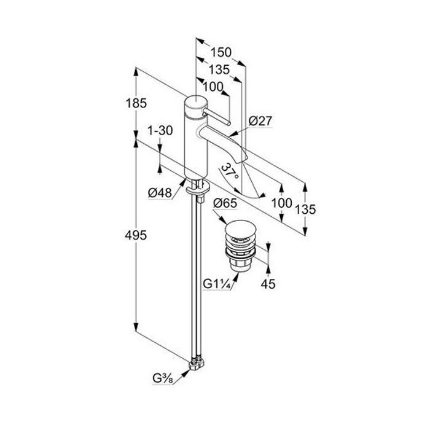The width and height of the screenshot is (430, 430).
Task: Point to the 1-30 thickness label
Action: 160,131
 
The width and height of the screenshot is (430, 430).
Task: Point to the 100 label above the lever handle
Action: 212,87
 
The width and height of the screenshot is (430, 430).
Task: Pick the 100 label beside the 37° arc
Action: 281,204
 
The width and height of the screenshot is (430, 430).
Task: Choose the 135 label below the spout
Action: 305,209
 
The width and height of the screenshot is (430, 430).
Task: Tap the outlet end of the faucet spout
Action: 243,158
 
